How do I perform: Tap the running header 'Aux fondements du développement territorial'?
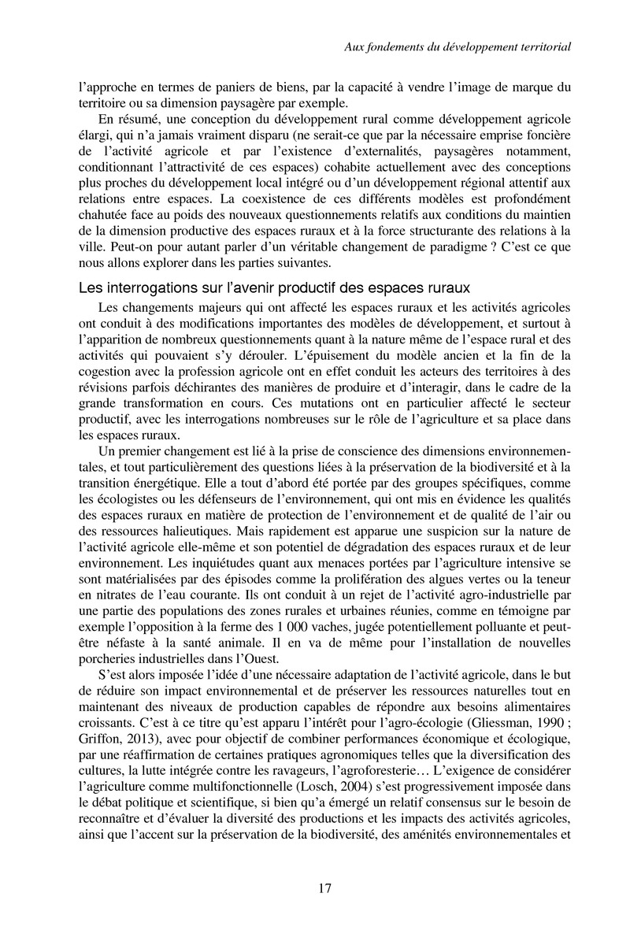coord(458,47)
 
